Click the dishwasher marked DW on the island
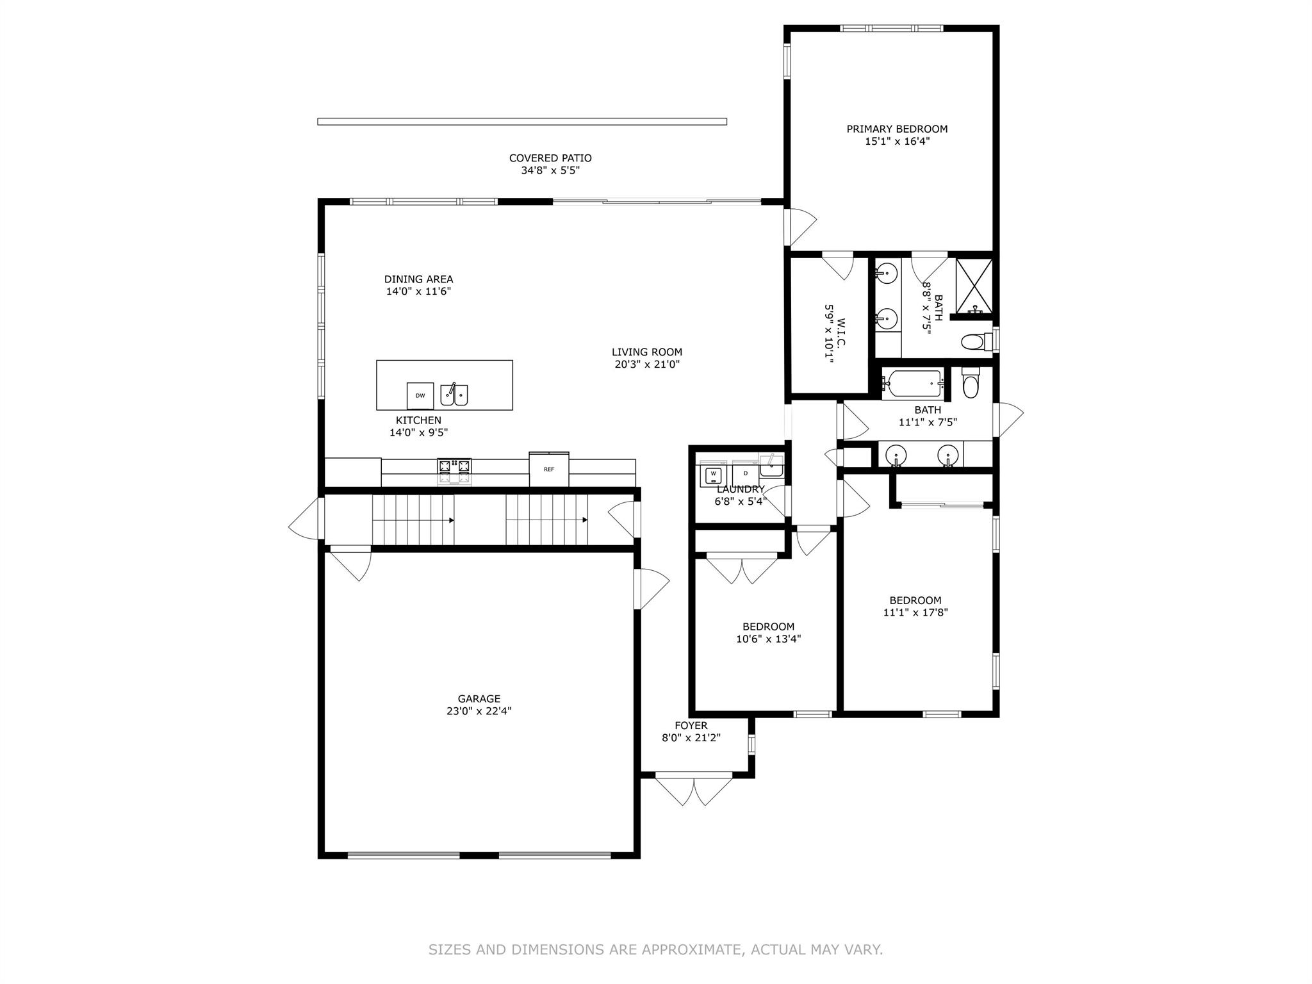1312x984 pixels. [420, 395]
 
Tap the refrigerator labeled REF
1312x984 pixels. [549, 469]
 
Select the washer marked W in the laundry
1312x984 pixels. [713, 475]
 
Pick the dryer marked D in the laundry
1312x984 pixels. [745, 474]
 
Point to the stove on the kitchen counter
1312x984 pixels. [454, 471]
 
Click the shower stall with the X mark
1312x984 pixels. [974, 286]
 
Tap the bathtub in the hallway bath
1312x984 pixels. [911, 384]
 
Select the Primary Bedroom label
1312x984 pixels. [897, 129]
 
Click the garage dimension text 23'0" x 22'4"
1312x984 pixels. [479, 711]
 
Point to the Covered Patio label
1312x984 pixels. [550, 158]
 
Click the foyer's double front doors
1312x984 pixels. [694, 790]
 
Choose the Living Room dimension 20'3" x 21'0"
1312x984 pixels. [646, 365]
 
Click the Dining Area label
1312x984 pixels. [418, 279]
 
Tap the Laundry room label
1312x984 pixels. [740, 489]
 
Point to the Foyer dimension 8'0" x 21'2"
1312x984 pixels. [691, 737]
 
